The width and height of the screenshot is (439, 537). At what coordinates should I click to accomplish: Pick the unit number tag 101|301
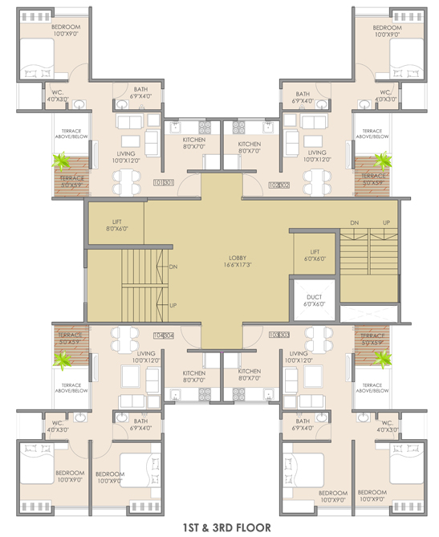[163, 183]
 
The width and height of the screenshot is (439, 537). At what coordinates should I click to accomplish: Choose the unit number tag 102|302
[278, 185]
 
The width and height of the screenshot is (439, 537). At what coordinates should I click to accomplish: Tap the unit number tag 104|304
[164, 336]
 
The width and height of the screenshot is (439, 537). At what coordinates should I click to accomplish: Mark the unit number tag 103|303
[278, 335]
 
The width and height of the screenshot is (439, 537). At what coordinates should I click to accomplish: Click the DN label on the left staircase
[173, 266]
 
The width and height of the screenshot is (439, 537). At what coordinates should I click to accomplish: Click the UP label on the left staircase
[173, 305]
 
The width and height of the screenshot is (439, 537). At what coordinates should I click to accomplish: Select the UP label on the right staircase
[386, 222]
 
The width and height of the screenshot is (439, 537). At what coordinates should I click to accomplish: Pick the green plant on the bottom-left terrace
[61, 360]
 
